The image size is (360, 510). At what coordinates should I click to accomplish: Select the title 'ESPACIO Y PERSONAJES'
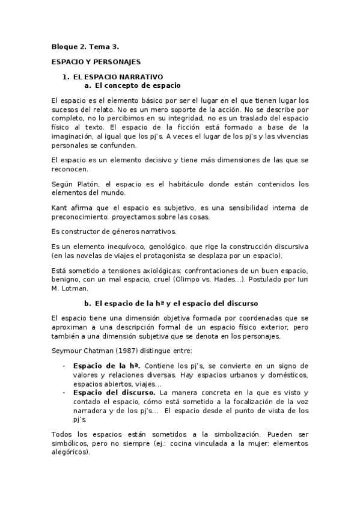click(x=96, y=61)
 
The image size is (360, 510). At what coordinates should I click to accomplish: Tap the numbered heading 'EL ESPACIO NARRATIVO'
click(x=118, y=77)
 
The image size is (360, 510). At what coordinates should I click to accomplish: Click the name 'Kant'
click(x=59, y=207)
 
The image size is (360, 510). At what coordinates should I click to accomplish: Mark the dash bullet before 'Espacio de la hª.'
click(x=64, y=366)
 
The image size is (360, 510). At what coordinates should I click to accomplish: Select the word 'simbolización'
click(x=225, y=433)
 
